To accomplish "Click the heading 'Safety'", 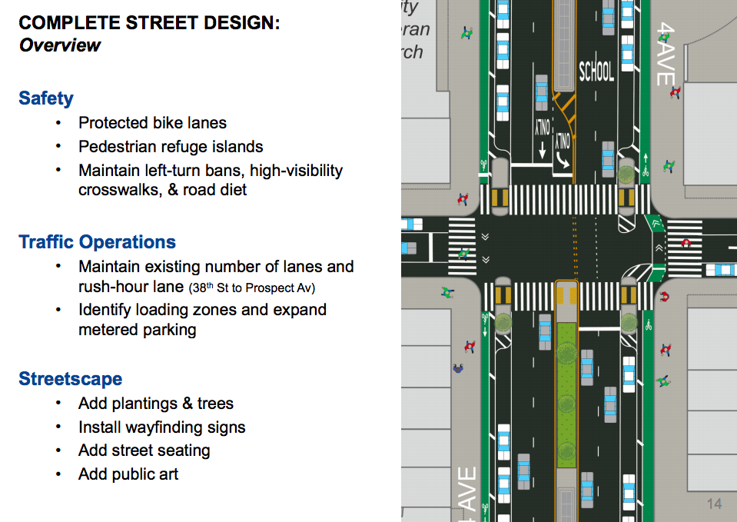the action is (46, 98).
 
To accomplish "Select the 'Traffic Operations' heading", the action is (97, 241).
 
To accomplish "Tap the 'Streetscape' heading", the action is (71, 378).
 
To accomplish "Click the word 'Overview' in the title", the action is (60, 45).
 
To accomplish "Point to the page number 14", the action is (714, 504).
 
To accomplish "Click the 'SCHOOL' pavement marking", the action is (596, 71).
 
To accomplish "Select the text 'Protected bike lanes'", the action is (152, 123).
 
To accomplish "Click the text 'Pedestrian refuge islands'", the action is (171, 147).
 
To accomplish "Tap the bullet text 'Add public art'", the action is (128, 474).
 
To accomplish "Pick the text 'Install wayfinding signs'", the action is (161, 427).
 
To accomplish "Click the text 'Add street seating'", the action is (144, 451).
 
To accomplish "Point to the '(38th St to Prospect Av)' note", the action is (251, 288).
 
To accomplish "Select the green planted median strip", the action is (566, 395).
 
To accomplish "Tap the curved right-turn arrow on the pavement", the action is (563, 161).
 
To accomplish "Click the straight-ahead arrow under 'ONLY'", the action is (542, 150).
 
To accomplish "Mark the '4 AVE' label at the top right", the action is (666, 54).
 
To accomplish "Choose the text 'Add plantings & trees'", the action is (156, 404).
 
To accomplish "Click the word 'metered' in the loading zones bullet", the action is (108, 330).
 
